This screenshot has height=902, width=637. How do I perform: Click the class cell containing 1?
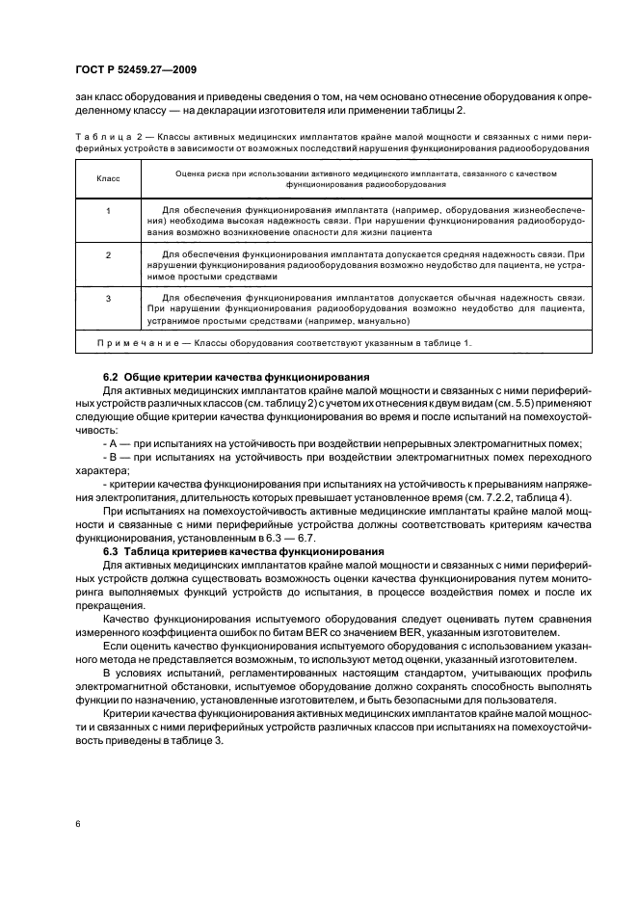coord(108,209)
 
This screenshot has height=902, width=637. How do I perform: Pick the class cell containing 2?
coord(108,254)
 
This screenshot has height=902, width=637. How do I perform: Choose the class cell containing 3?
coord(108,299)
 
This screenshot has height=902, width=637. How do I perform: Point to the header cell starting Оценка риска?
coord(363,178)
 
